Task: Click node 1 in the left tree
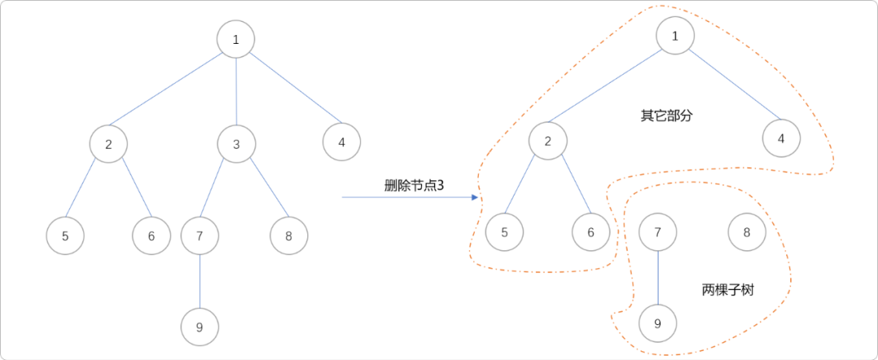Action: point(236,38)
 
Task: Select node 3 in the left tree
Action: point(237,144)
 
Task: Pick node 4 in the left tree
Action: point(341,142)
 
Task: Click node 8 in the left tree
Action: point(289,236)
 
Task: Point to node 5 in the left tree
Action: point(65,236)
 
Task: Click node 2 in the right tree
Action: point(548,141)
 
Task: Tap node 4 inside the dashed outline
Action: point(781,138)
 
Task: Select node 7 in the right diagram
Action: point(658,232)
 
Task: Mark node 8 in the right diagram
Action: point(747,232)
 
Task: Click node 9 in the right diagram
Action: point(658,323)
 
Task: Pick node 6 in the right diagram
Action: point(591,232)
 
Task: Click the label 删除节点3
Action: point(414,185)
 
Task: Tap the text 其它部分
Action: point(667,115)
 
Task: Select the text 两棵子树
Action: point(728,289)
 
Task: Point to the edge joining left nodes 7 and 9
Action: point(200,281)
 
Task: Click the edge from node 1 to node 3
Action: point(236,91)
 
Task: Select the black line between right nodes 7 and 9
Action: point(658,278)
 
